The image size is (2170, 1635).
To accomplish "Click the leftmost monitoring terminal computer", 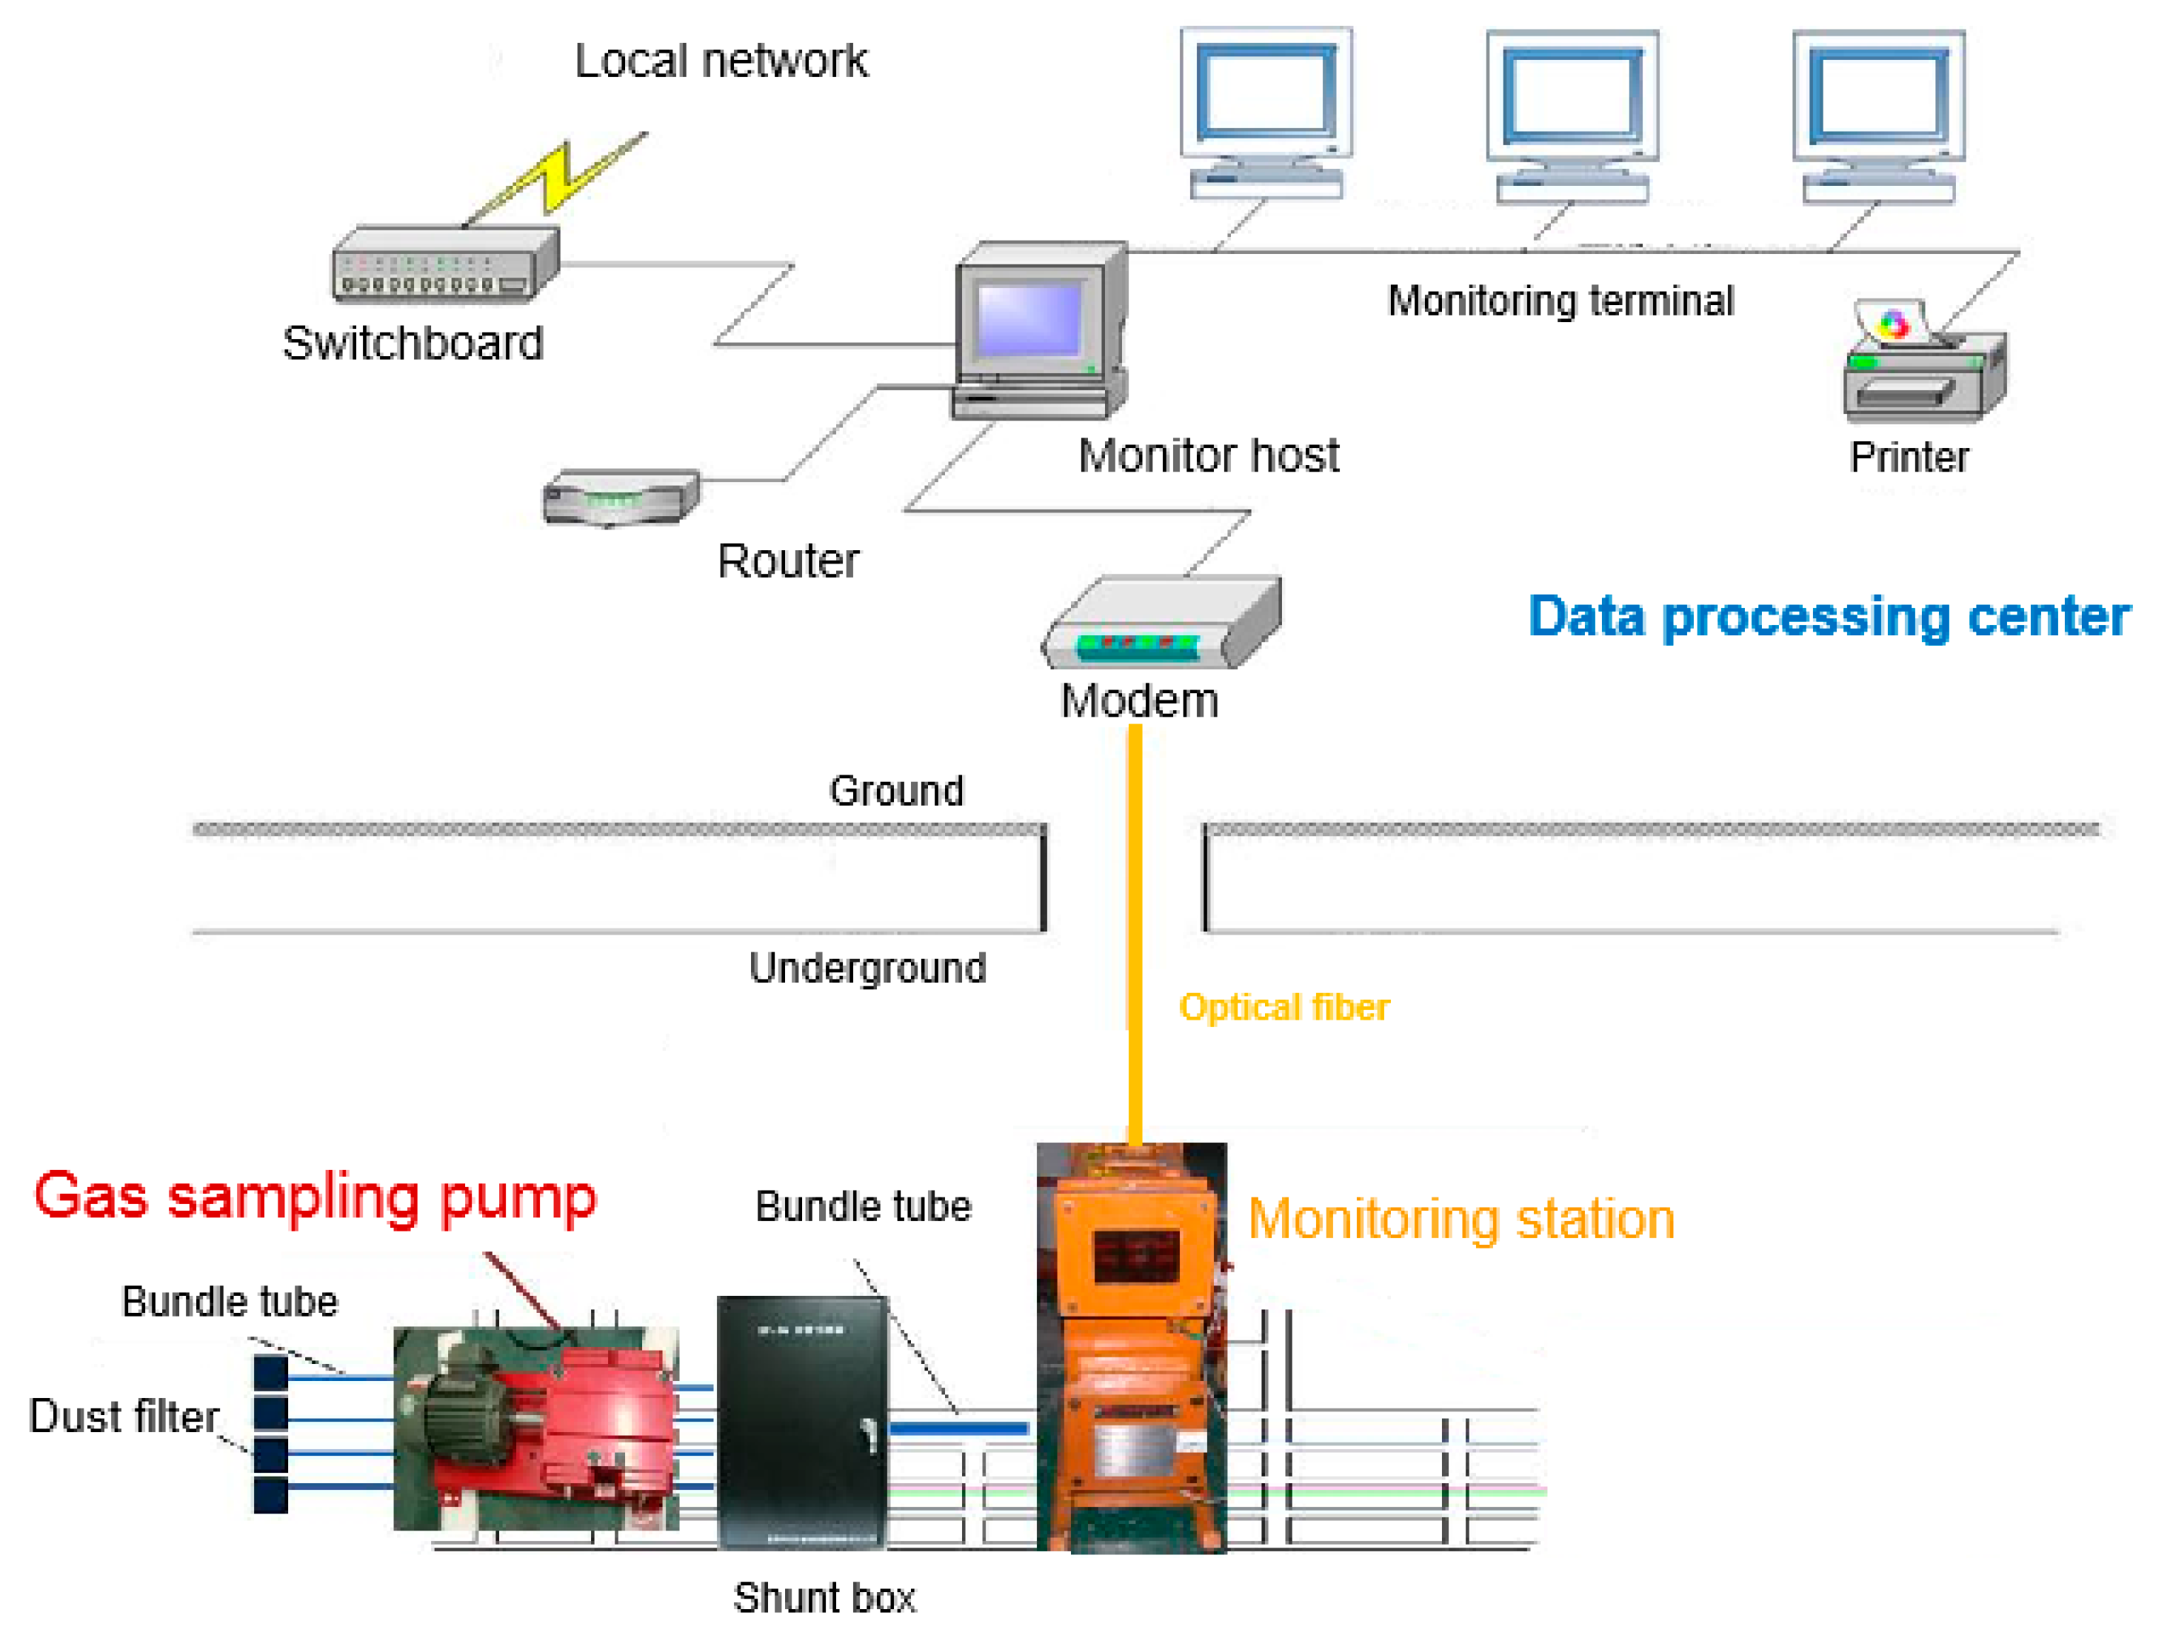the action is click(1266, 113).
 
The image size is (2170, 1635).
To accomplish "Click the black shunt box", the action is click(803, 1422).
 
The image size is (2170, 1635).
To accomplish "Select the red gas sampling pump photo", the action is click(535, 1428).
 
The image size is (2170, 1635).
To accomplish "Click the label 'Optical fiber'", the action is click(1284, 1007).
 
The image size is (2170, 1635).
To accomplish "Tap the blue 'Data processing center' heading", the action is click(1829, 617).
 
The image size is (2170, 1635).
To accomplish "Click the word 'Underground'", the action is click(867, 968).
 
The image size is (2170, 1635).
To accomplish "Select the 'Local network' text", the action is click(721, 61).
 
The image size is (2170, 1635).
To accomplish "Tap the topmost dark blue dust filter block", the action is click(271, 1372).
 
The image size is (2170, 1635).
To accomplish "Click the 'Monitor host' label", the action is click(1209, 455).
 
